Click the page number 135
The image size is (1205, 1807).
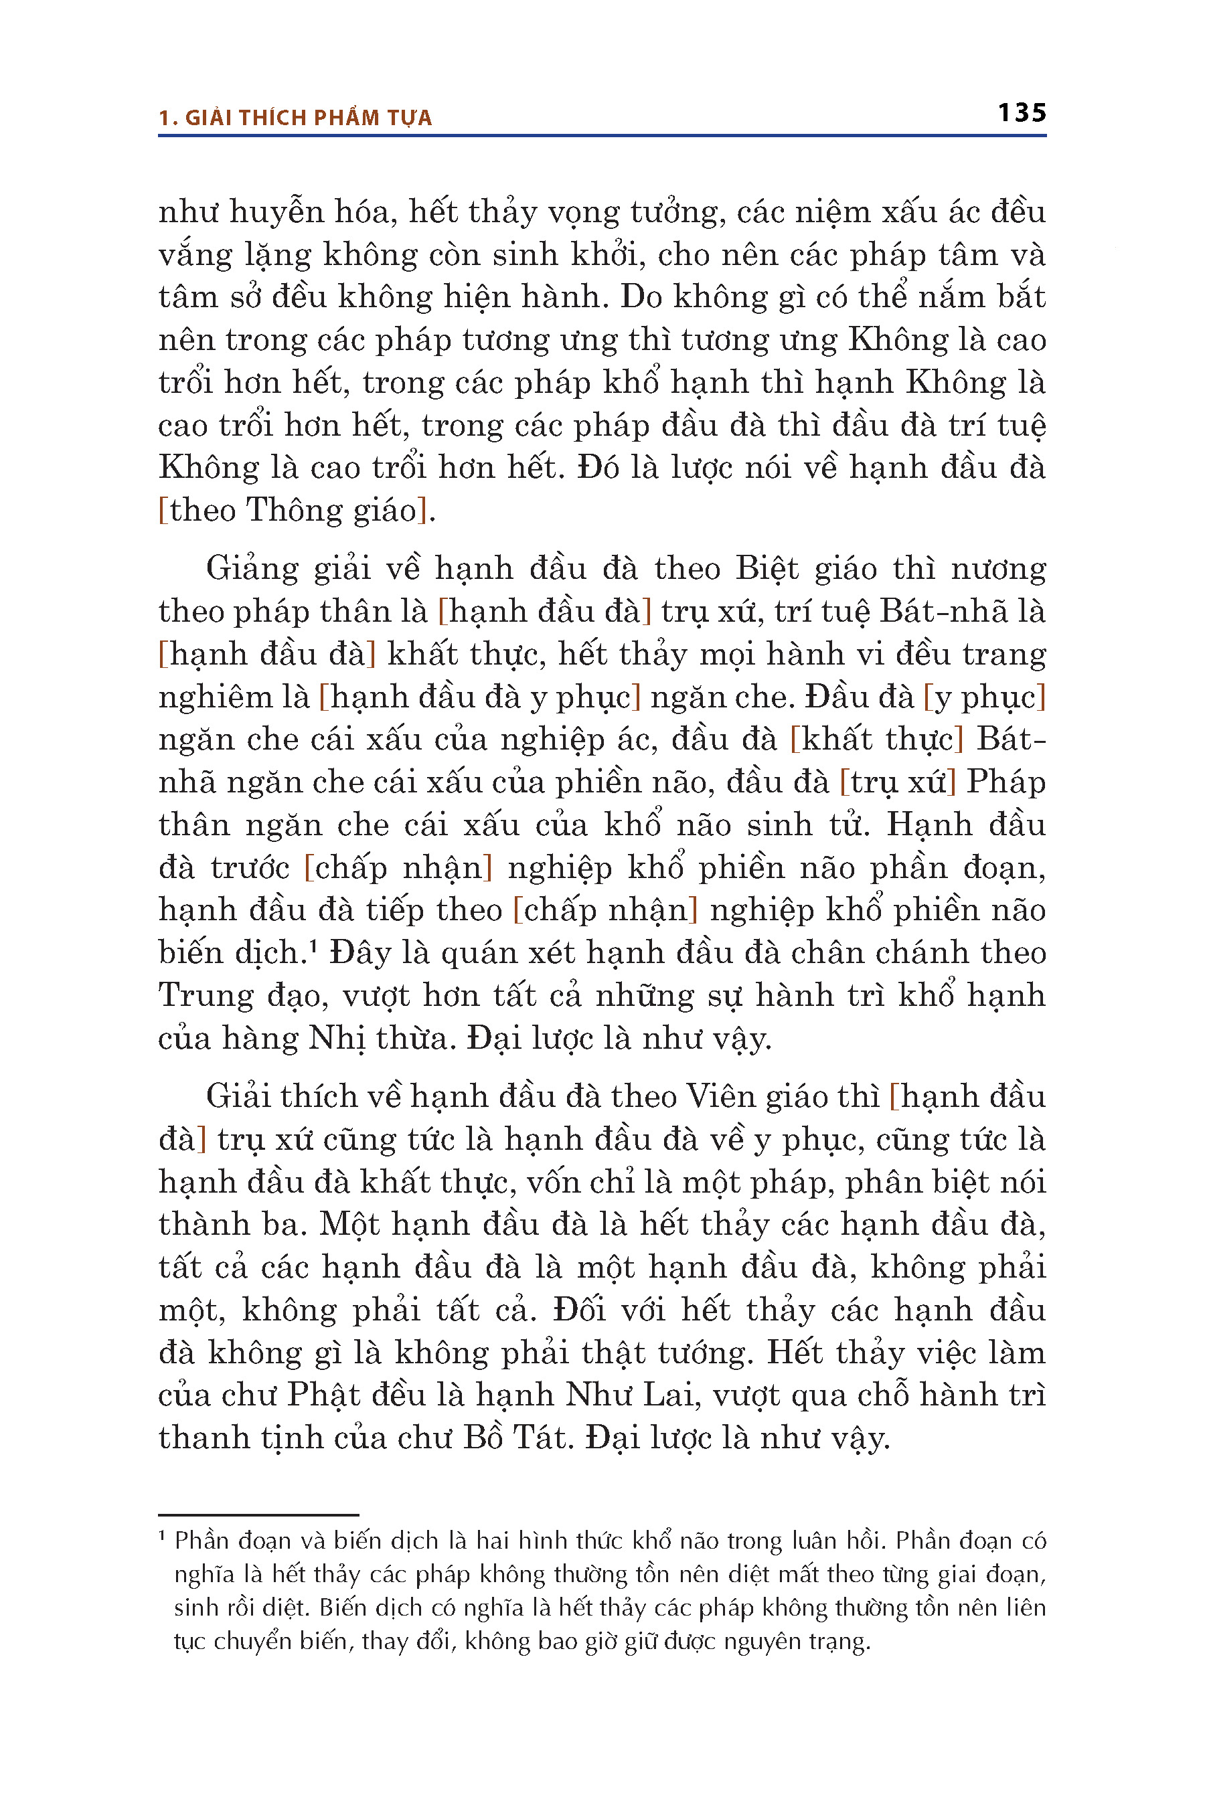tap(1022, 113)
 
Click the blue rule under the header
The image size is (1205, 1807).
tap(602, 136)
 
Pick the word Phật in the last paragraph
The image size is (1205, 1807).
tap(323, 1395)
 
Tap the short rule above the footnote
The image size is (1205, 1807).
tap(258, 1515)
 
